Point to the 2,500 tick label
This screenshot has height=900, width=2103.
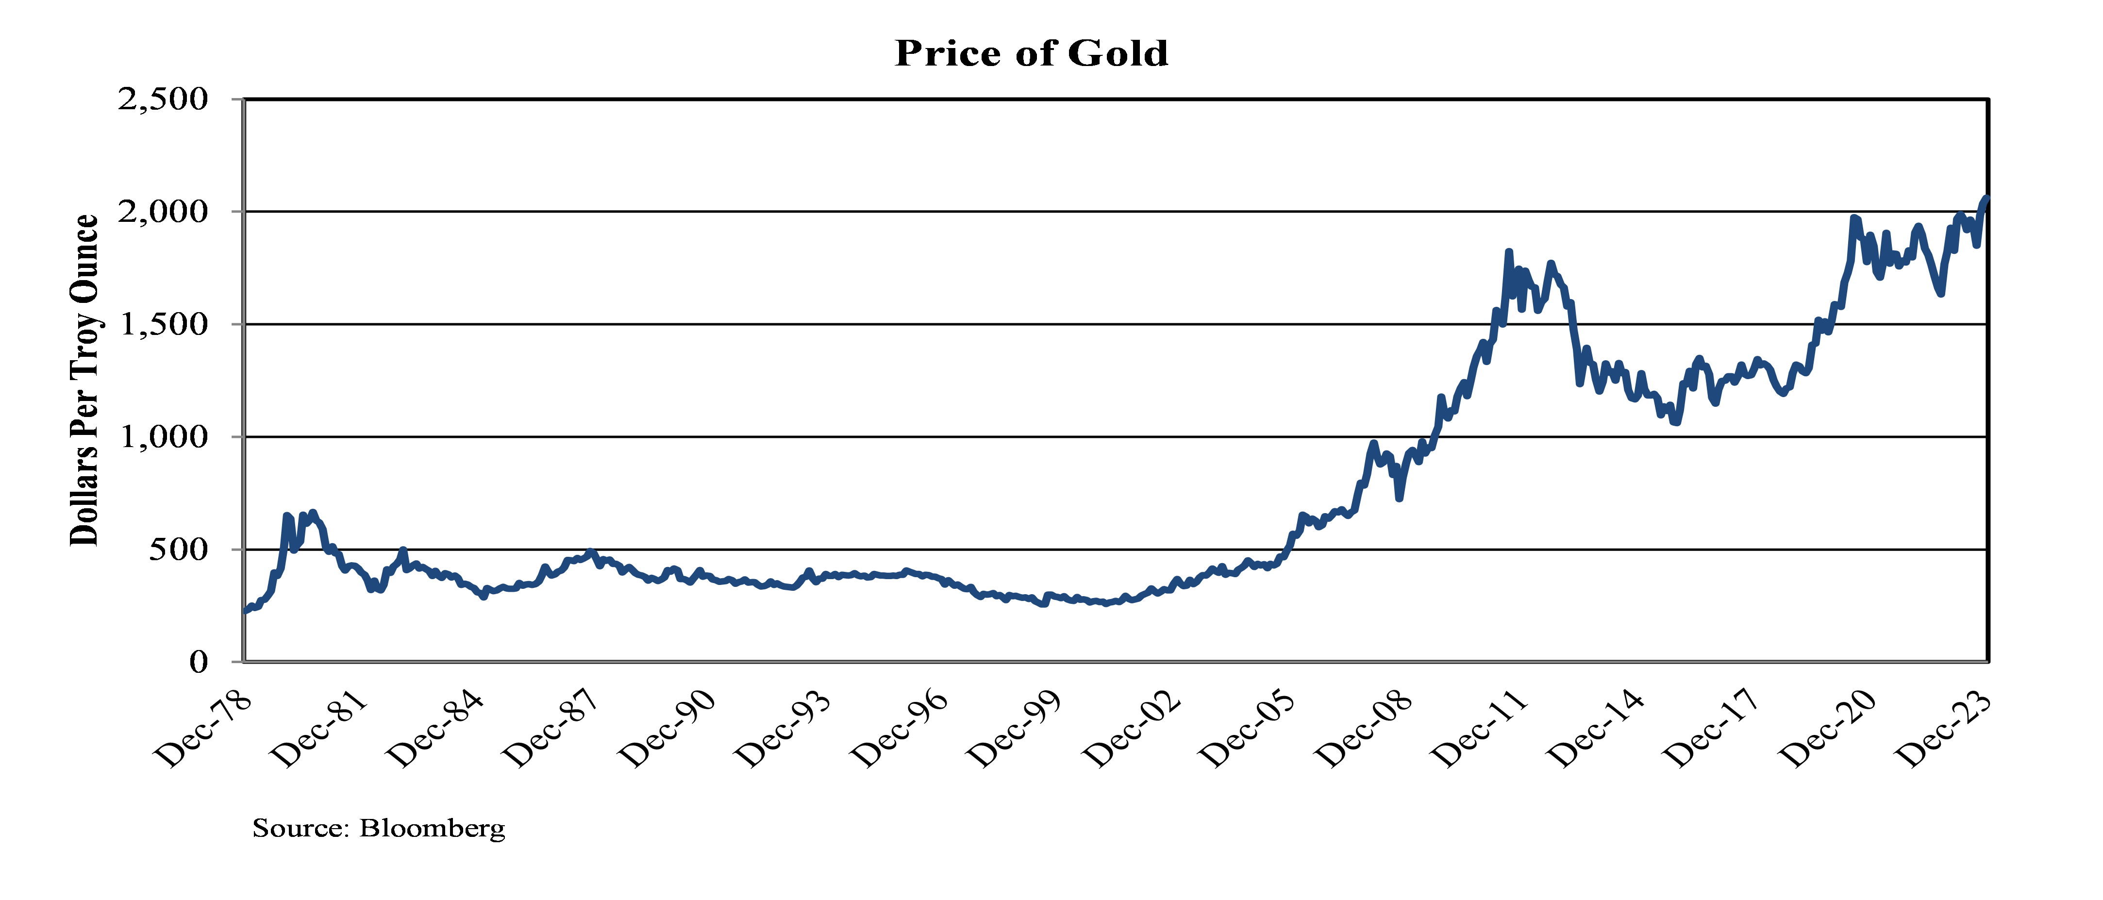(163, 100)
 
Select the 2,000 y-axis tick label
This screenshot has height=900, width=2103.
(163, 212)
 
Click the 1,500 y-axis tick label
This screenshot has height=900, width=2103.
(163, 325)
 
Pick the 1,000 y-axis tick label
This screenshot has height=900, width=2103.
(163, 438)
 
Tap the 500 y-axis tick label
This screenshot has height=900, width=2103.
(178, 550)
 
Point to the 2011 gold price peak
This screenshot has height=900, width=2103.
(1509, 252)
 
